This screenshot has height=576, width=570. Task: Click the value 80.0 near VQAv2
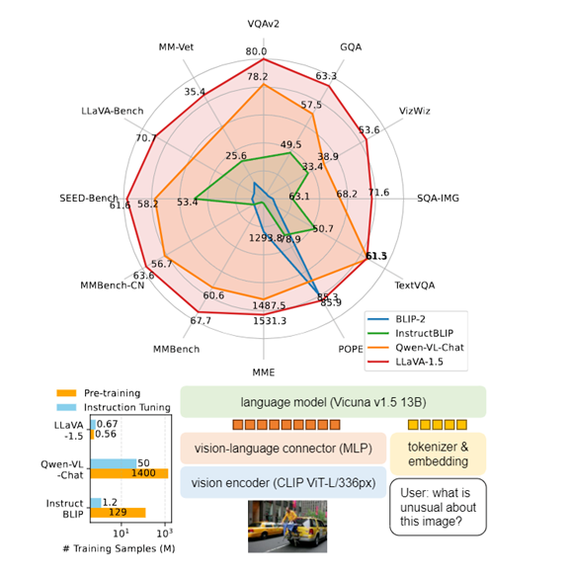[x=257, y=51]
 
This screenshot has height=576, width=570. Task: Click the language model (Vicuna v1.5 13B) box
[x=333, y=401]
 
